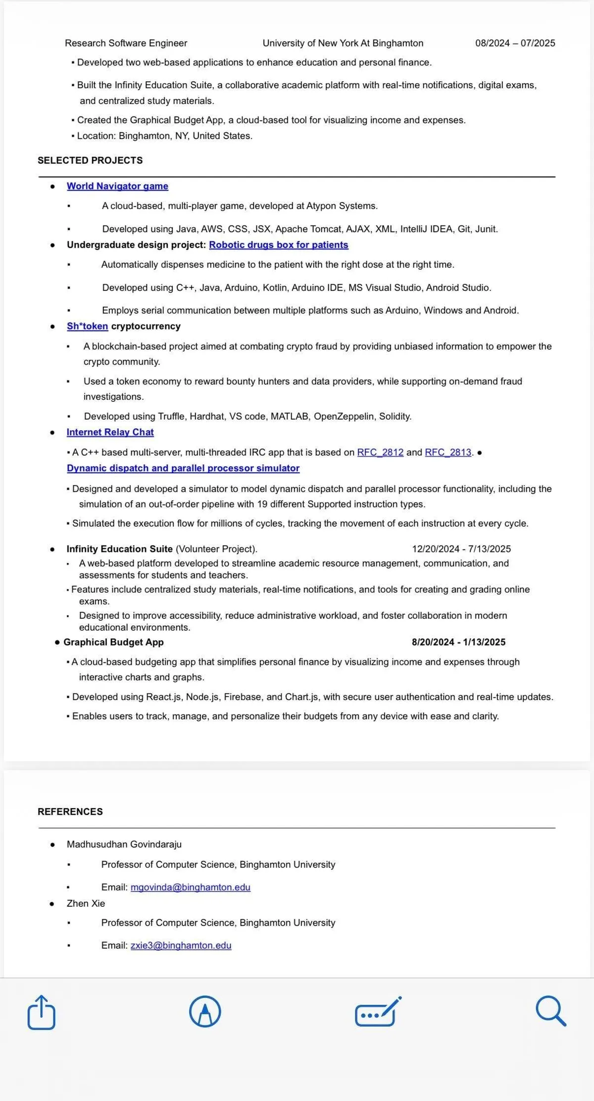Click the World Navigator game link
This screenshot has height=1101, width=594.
pyautogui.click(x=117, y=186)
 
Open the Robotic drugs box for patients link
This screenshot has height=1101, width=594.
pyautogui.click(x=278, y=245)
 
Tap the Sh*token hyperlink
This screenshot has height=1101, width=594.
pyautogui.click(x=87, y=327)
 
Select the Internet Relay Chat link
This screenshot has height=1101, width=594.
pyautogui.click(x=110, y=432)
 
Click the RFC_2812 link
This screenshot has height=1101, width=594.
pyautogui.click(x=380, y=452)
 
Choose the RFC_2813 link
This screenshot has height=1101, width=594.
pyautogui.click(x=448, y=452)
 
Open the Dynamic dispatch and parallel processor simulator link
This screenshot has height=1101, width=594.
pyautogui.click(x=183, y=468)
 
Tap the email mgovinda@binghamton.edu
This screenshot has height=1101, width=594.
pyautogui.click(x=190, y=887)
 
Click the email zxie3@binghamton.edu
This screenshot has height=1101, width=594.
pyautogui.click(x=181, y=945)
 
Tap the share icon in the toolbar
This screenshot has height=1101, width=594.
pyautogui.click(x=41, y=1012)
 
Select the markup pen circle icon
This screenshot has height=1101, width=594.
pyautogui.click(x=205, y=1012)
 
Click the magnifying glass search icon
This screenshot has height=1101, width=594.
pyautogui.click(x=550, y=1011)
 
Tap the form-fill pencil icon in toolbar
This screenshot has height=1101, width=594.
pyautogui.click(x=377, y=1012)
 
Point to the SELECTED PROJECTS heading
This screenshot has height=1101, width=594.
pyautogui.click(x=90, y=161)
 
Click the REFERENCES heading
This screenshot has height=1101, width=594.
pyautogui.click(x=70, y=812)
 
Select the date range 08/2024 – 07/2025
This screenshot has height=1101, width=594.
pyautogui.click(x=515, y=43)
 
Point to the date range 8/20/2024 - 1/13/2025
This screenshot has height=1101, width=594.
pyautogui.click(x=458, y=642)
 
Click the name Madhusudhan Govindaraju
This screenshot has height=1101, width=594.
pyautogui.click(x=124, y=844)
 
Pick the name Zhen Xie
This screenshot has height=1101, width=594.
pyautogui.click(x=86, y=903)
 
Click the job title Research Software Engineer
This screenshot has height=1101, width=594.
pyautogui.click(x=126, y=43)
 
